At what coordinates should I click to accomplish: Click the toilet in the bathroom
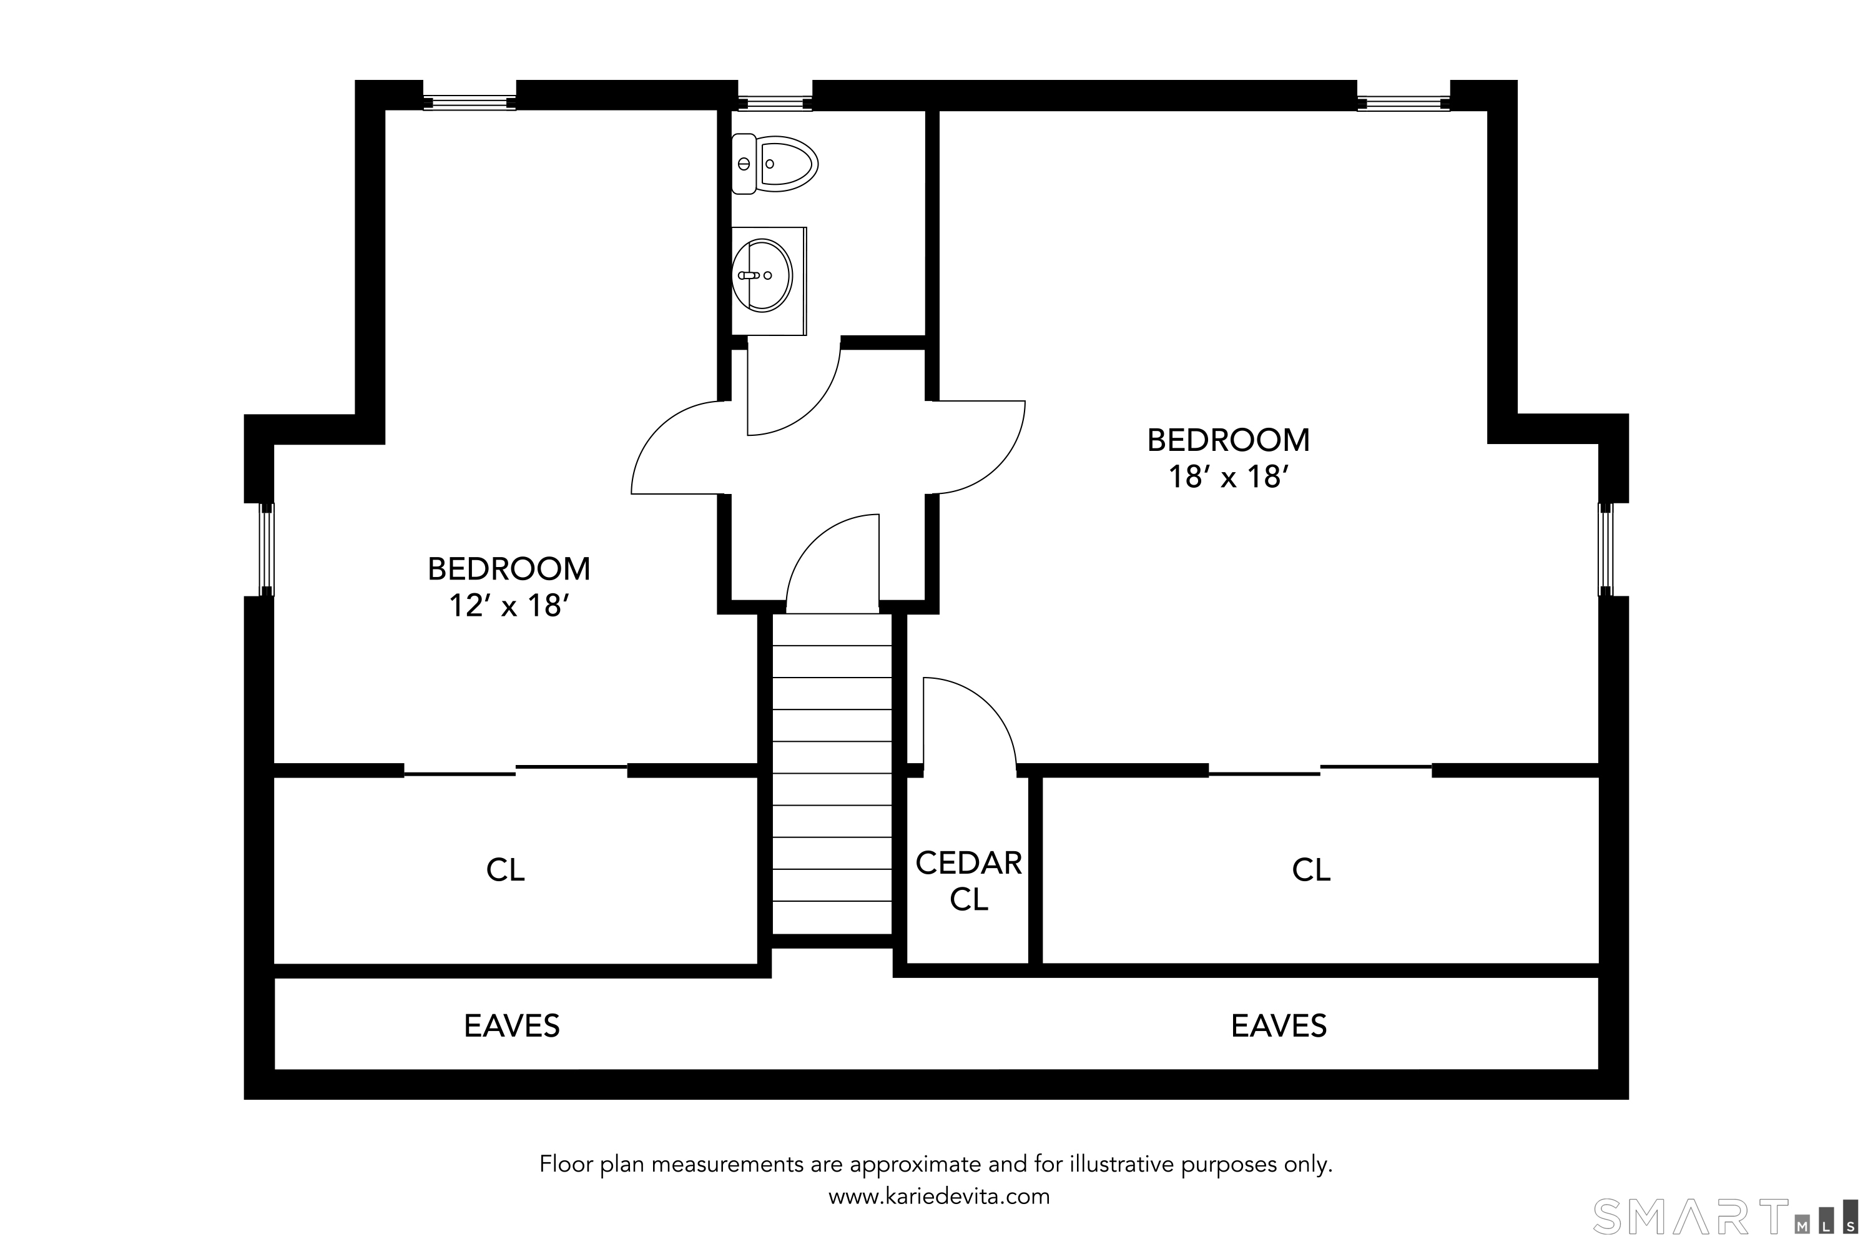pyautogui.click(x=775, y=164)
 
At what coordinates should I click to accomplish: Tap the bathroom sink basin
pyautogui.click(x=762, y=275)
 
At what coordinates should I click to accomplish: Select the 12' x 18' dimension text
pyautogui.click(x=509, y=606)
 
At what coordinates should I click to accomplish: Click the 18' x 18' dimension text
pyautogui.click(x=1229, y=477)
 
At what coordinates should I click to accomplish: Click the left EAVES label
pyautogui.click(x=512, y=1026)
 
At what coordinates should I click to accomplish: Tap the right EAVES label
pyautogui.click(x=1279, y=1026)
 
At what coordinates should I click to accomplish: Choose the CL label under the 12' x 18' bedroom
pyautogui.click(x=506, y=870)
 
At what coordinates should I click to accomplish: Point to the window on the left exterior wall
pyautogui.click(x=267, y=550)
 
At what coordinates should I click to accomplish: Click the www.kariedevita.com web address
pyautogui.click(x=939, y=1197)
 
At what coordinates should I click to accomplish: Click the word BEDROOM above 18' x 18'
pyautogui.click(x=1229, y=440)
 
